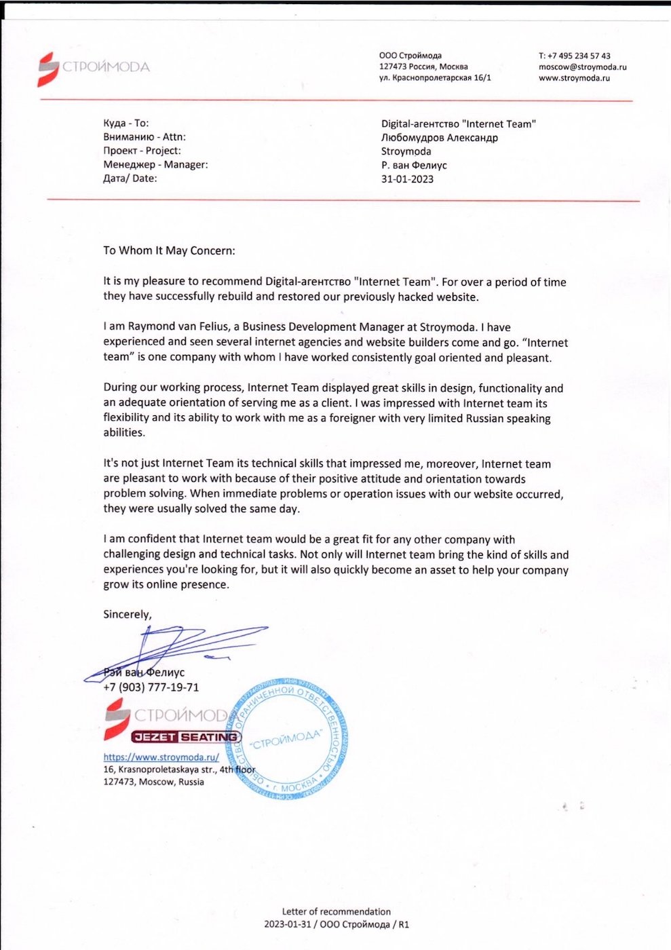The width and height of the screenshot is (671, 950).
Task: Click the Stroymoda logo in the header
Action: tap(93, 67)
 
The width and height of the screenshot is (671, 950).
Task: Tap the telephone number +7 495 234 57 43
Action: tap(574, 56)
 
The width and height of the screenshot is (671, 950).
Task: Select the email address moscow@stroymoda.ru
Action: tap(582, 66)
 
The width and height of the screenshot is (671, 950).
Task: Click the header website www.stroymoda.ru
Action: tap(574, 78)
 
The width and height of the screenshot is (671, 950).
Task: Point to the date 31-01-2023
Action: tap(407, 179)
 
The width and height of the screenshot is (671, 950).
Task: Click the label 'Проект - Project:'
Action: tap(142, 151)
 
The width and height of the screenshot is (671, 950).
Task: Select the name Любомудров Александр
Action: tap(439, 137)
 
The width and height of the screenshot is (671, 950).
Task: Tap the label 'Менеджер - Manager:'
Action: tap(155, 164)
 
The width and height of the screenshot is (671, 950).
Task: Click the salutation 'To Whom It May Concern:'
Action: tap(169, 250)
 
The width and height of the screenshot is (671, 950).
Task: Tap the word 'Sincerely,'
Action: tap(128, 614)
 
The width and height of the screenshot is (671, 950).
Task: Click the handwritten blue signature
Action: tap(176, 648)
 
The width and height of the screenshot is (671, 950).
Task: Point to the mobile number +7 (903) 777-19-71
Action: tap(151, 687)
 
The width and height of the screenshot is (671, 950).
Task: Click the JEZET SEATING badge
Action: tap(186, 737)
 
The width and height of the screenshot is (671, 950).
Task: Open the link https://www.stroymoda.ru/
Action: tap(161, 757)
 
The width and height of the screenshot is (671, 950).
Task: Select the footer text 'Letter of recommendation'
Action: tap(336, 911)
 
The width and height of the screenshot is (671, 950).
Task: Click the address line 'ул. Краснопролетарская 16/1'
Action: tap(435, 78)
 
